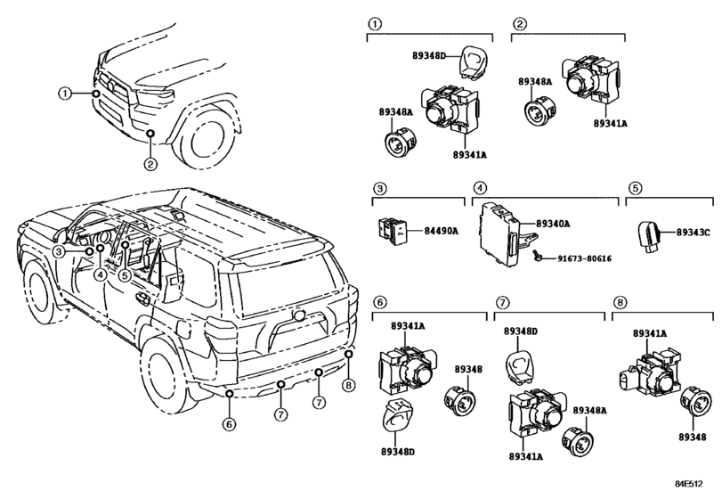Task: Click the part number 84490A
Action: (440, 232)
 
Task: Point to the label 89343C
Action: (694, 232)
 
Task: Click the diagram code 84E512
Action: (695, 485)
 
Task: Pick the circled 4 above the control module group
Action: (479, 188)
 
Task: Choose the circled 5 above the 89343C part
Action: (635, 188)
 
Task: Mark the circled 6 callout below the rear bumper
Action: (229, 424)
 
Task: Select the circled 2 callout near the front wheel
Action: (150, 163)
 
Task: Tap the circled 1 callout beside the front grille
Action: (65, 93)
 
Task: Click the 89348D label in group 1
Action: (436, 58)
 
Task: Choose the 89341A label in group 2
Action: (609, 125)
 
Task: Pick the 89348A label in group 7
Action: (590, 411)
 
